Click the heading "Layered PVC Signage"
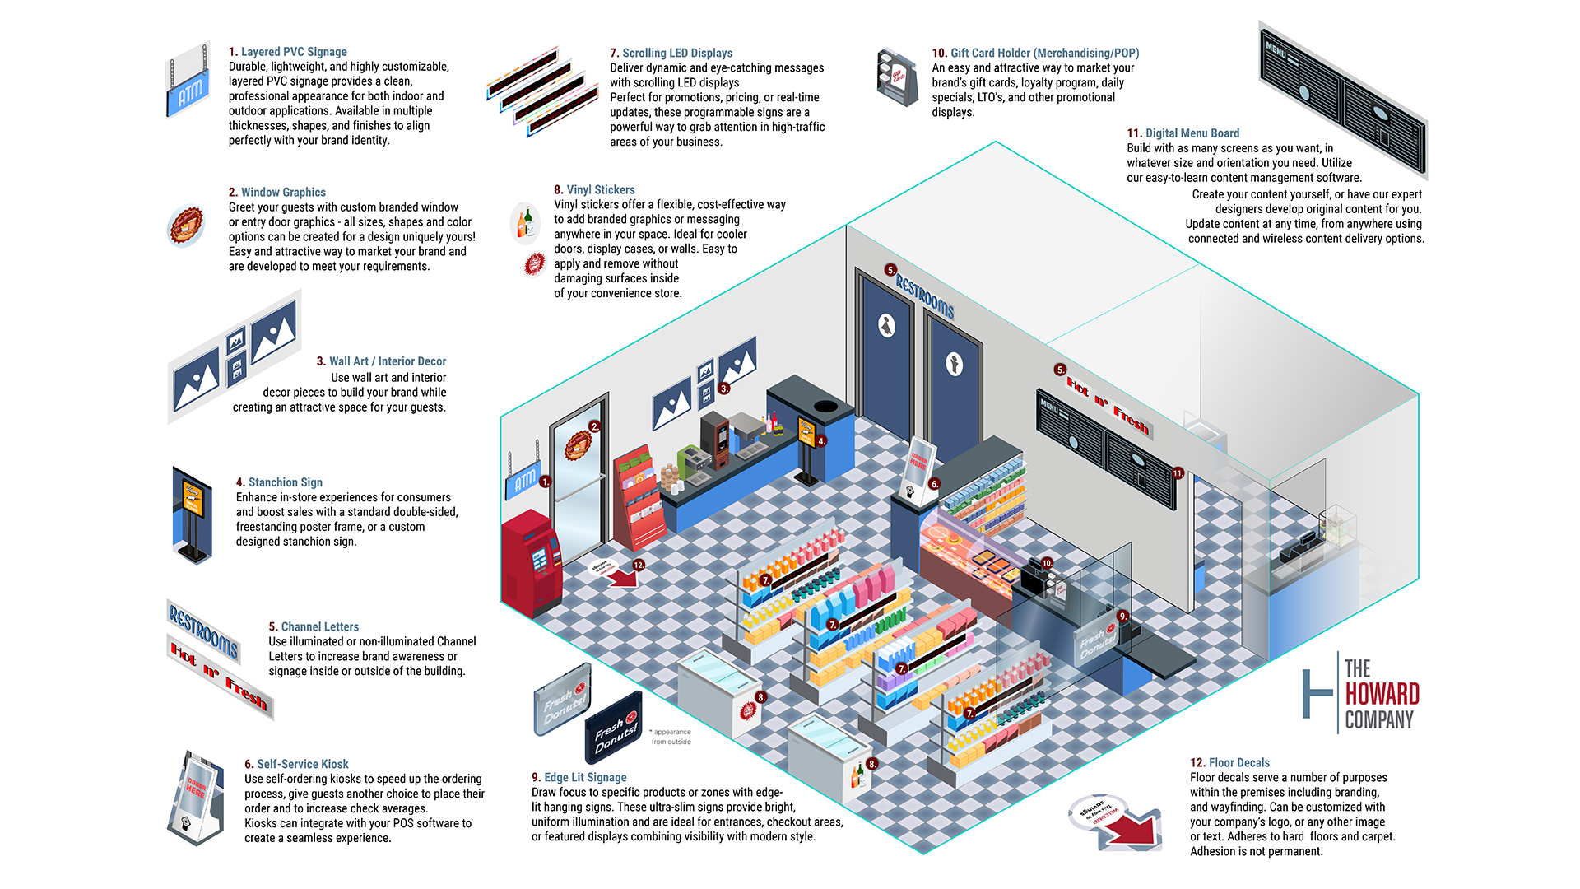click(293, 52)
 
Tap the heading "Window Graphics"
click(283, 193)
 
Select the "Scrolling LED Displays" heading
click(676, 54)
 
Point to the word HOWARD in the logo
click(1382, 694)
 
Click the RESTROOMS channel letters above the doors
click(925, 296)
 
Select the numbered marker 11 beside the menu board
click(1178, 473)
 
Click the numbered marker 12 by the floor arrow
click(639, 565)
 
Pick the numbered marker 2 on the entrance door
click(594, 426)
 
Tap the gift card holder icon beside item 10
click(897, 77)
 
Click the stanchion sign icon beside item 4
click(193, 514)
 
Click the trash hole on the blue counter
click(825, 407)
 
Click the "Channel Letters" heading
click(319, 627)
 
